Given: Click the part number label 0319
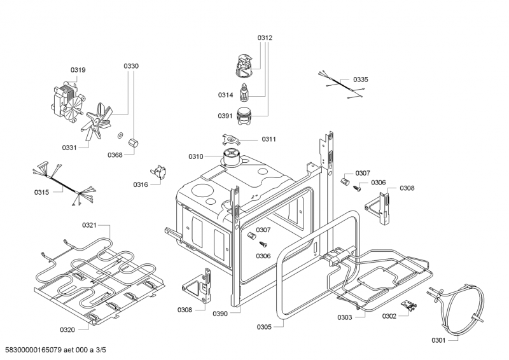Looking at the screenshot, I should tap(78, 69).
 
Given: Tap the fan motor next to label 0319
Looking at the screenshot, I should tap(66, 101).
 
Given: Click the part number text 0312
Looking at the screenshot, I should tap(265, 38).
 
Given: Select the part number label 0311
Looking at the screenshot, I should tap(268, 139).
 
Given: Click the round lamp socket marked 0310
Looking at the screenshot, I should tap(232, 156).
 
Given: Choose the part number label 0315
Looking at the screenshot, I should tap(43, 191).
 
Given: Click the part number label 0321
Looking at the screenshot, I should tap(89, 225).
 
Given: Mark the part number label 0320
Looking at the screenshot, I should tap(67, 329).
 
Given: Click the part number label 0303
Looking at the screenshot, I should tap(345, 316).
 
